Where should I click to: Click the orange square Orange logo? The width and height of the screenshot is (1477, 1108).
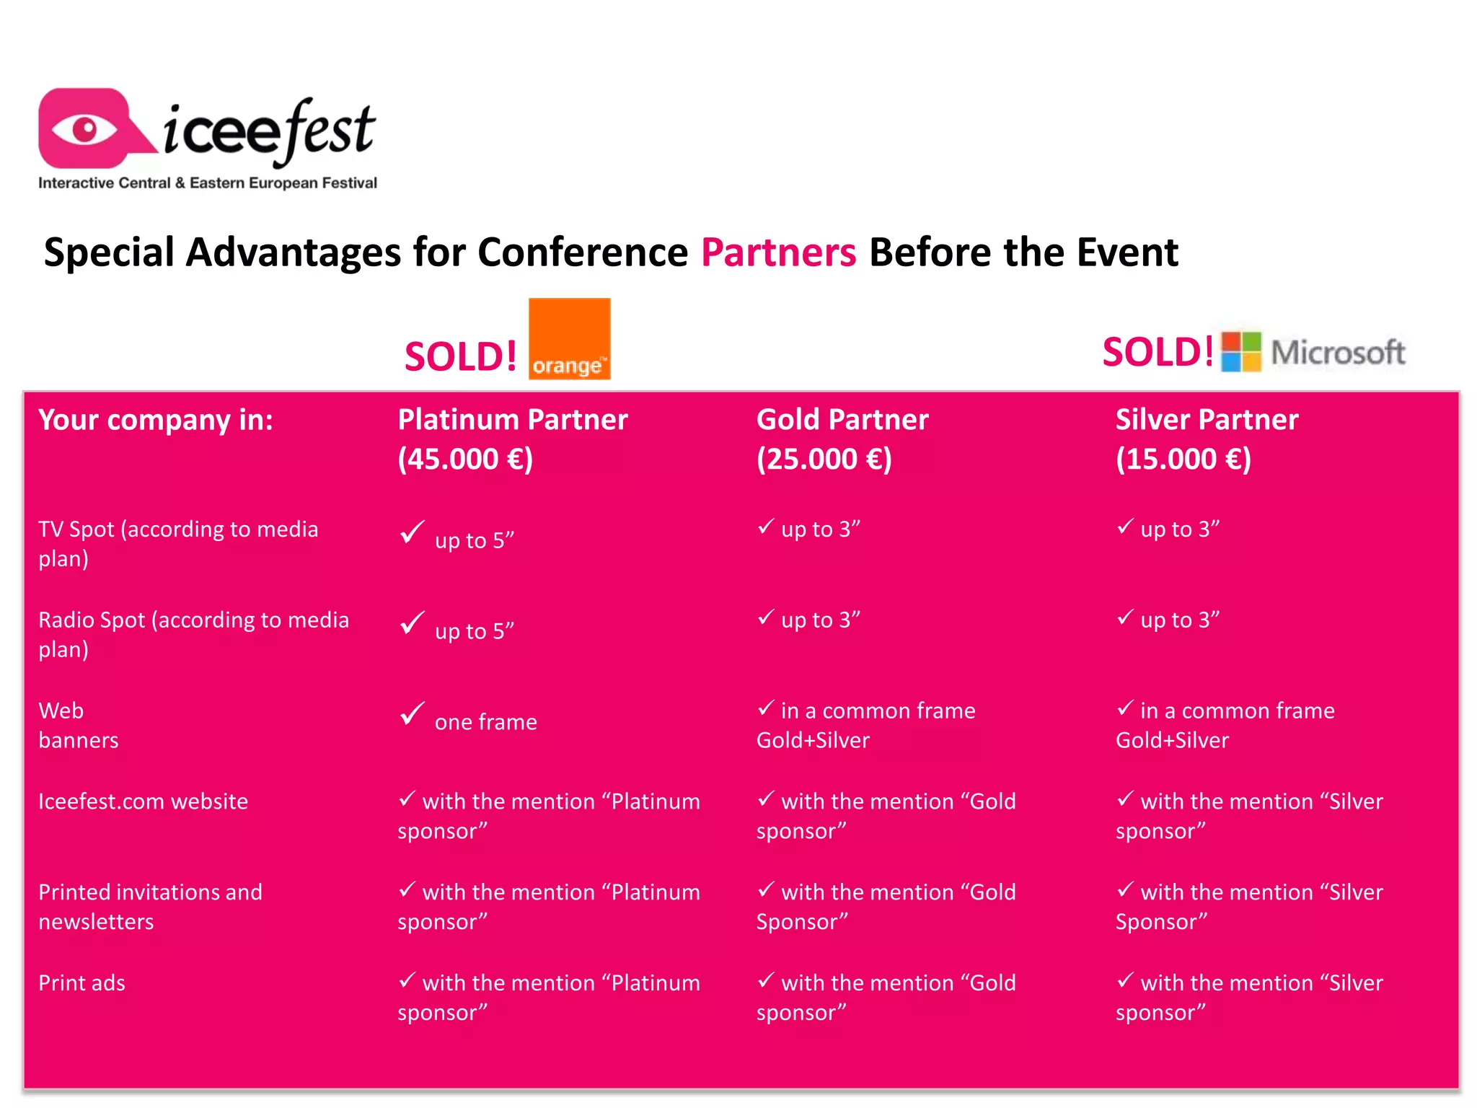point(569,338)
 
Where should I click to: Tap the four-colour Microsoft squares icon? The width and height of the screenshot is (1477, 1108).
point(1240,352)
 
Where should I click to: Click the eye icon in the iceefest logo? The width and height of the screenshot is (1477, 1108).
point(85,130)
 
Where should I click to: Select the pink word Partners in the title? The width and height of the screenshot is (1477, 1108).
point(778,252)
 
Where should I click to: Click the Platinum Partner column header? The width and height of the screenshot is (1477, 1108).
point(512,420)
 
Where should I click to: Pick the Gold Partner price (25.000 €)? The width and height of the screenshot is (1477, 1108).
point(824,460)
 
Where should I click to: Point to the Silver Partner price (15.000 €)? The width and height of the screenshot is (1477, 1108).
point(1183,460)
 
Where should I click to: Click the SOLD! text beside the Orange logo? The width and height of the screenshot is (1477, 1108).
point(460,356)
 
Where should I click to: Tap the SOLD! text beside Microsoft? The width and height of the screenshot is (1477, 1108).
point(1157,352)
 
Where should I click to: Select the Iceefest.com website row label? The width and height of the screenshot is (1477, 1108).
point(143,801)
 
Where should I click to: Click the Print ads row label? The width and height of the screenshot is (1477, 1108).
point(81,983)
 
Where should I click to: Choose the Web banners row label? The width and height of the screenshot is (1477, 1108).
point(78,725)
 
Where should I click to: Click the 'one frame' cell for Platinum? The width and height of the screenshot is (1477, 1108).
point(485,722)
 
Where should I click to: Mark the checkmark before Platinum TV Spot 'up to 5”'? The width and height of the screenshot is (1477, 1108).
point(412,533)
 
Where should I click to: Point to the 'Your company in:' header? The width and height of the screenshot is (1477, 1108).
point(156,420)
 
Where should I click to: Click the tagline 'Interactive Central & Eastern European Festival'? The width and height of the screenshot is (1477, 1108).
point(208,183)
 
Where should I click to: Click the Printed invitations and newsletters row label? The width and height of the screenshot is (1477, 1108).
point(150,907)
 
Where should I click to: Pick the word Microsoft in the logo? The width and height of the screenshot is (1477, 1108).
point(1338,353)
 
